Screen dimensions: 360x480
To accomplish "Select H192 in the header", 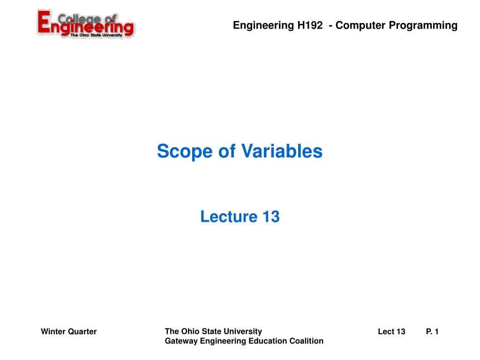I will click(x=310, y=25).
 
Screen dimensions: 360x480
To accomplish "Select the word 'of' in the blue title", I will click(x=223, y=151).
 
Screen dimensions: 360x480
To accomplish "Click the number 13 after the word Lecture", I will click(x=270, y=217).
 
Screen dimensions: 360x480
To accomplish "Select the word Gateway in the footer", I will click(x=181, y=341).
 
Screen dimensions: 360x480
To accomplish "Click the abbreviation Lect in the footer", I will click(x=386, y=332).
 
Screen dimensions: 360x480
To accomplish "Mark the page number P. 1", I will click(x=432, y=332).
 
